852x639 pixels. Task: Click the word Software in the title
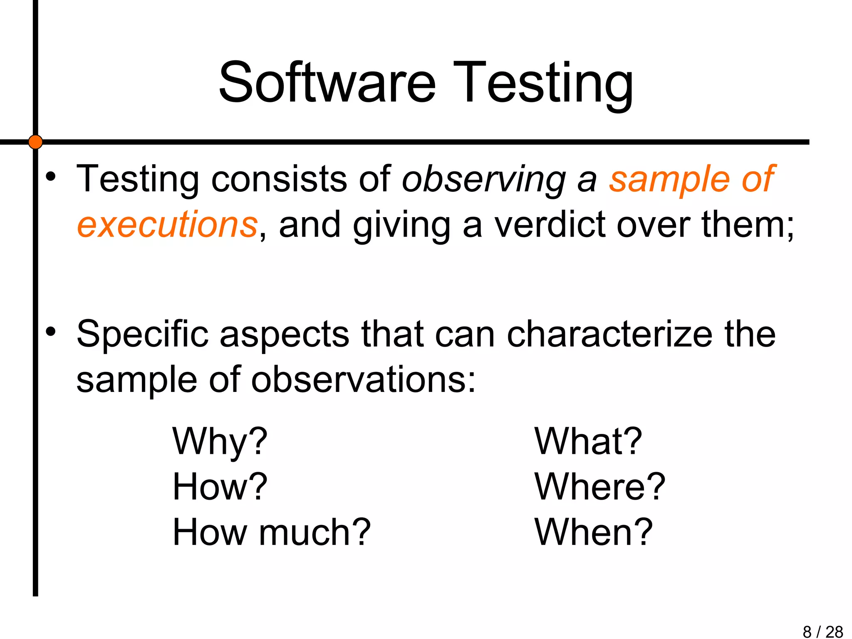tap(327, 82)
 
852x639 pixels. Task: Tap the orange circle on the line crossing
tap(35, 142)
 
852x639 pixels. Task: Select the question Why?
tap(220, 442)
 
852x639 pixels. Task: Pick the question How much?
tap(271, 532)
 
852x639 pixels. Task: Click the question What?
tap(588, 442)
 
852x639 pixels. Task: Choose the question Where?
tap(600, 487)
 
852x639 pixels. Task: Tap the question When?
tap(594, 532)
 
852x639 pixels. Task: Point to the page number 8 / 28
tap(822, 632)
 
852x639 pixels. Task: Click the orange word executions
tap(167, 225)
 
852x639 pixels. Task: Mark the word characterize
tap(610, 334)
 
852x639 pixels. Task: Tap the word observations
tap(363, 380)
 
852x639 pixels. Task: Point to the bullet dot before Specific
tap(51, 332)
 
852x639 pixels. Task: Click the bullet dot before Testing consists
tap(51, 176)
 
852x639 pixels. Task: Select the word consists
tap(279, 179)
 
